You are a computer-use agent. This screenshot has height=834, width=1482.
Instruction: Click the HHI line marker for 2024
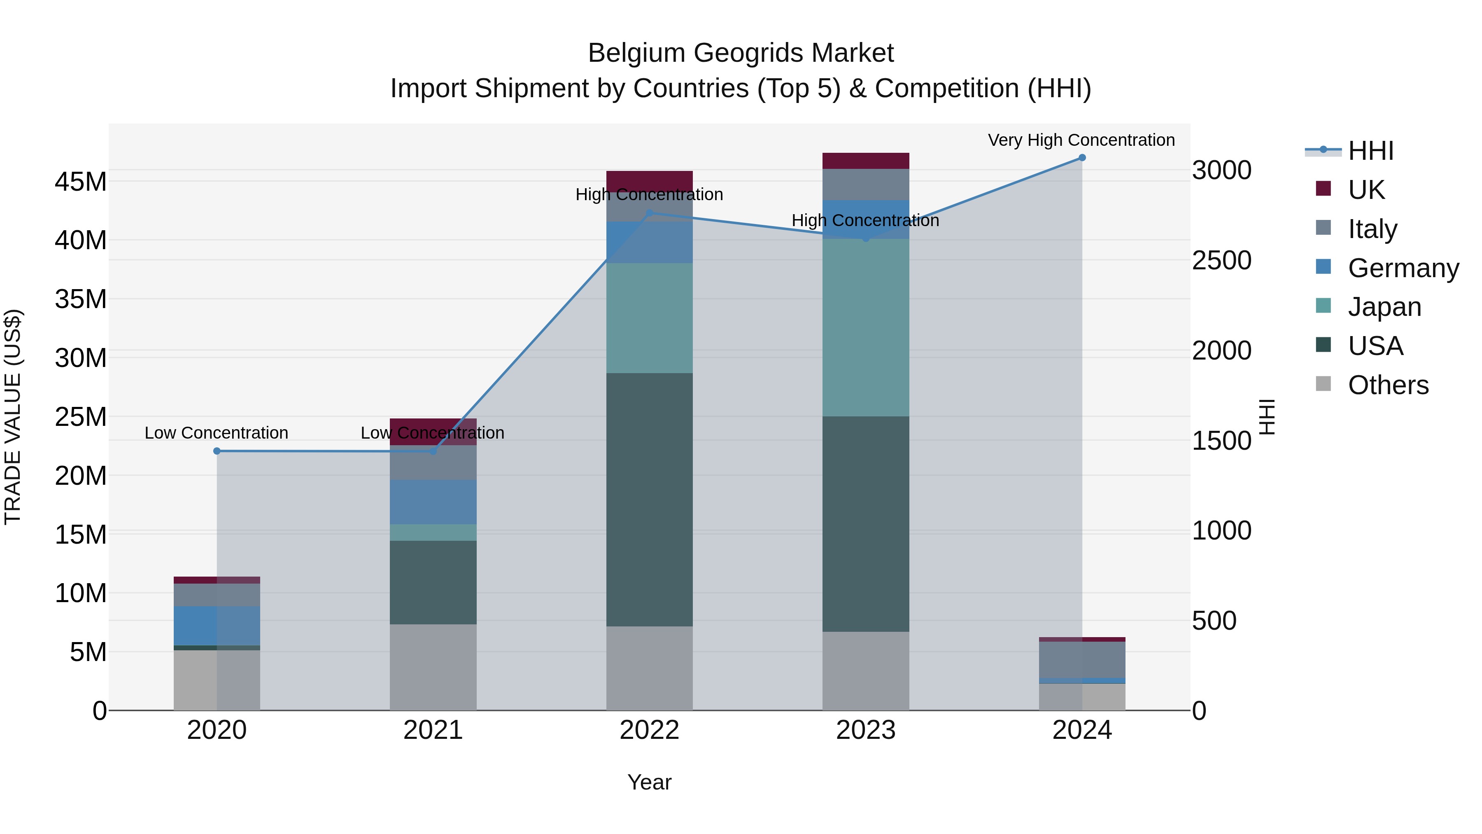pyautogui.click(x=1081, y=158)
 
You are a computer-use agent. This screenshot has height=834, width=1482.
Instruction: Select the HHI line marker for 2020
pyautogui.click(x=217, y=451)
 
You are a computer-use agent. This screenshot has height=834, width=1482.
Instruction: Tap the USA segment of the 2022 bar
pyautogui.click(x=650, y=499)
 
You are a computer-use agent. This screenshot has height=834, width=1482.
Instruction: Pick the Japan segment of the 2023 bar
pyautogui.click(x=865, y=328)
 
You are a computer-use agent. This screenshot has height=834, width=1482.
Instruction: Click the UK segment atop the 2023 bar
pyautogui.click(x=865, y=161)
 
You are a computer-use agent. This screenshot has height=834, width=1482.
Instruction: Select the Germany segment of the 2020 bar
pyautogui.click(x=217, y=625)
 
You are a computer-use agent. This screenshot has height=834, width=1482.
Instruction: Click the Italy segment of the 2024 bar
pyautogui.click(x=1081, y=660)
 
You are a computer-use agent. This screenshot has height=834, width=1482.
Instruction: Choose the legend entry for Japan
pyautogui.click(x=1384, y=307)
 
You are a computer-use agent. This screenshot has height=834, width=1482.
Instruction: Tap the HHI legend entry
pyautogui.click(x=1369, y=151)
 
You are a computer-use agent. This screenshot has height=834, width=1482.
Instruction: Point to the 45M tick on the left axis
pyautogui.click(x=81, y=182)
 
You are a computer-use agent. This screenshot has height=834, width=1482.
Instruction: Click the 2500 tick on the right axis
pyautogui.click(x=1221, y=260)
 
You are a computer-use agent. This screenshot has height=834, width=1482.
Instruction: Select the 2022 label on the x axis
pyautogui.click(x=650, y=730)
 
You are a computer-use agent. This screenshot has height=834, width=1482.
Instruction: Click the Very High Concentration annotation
pyautogui.click(x=1081, y=140)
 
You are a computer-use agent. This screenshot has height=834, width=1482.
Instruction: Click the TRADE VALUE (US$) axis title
pyautogui.click(x=13, y=417)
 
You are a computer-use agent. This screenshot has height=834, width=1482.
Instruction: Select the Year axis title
pyautogui.click(x=650, y=782)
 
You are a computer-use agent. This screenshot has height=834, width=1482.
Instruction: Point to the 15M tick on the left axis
pyautogui.click(x=81, y=535)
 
